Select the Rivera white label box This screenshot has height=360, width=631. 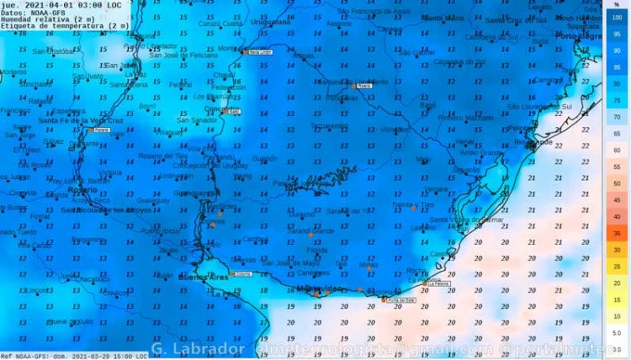coord(364,85)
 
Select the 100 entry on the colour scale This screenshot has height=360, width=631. coord(617,17)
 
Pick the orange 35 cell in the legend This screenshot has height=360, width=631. coord(617,233)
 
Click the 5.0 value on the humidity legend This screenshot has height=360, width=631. coord(617,332)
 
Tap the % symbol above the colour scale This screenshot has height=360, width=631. coord(617,5)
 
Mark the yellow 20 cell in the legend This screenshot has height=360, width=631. coord(617,283)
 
